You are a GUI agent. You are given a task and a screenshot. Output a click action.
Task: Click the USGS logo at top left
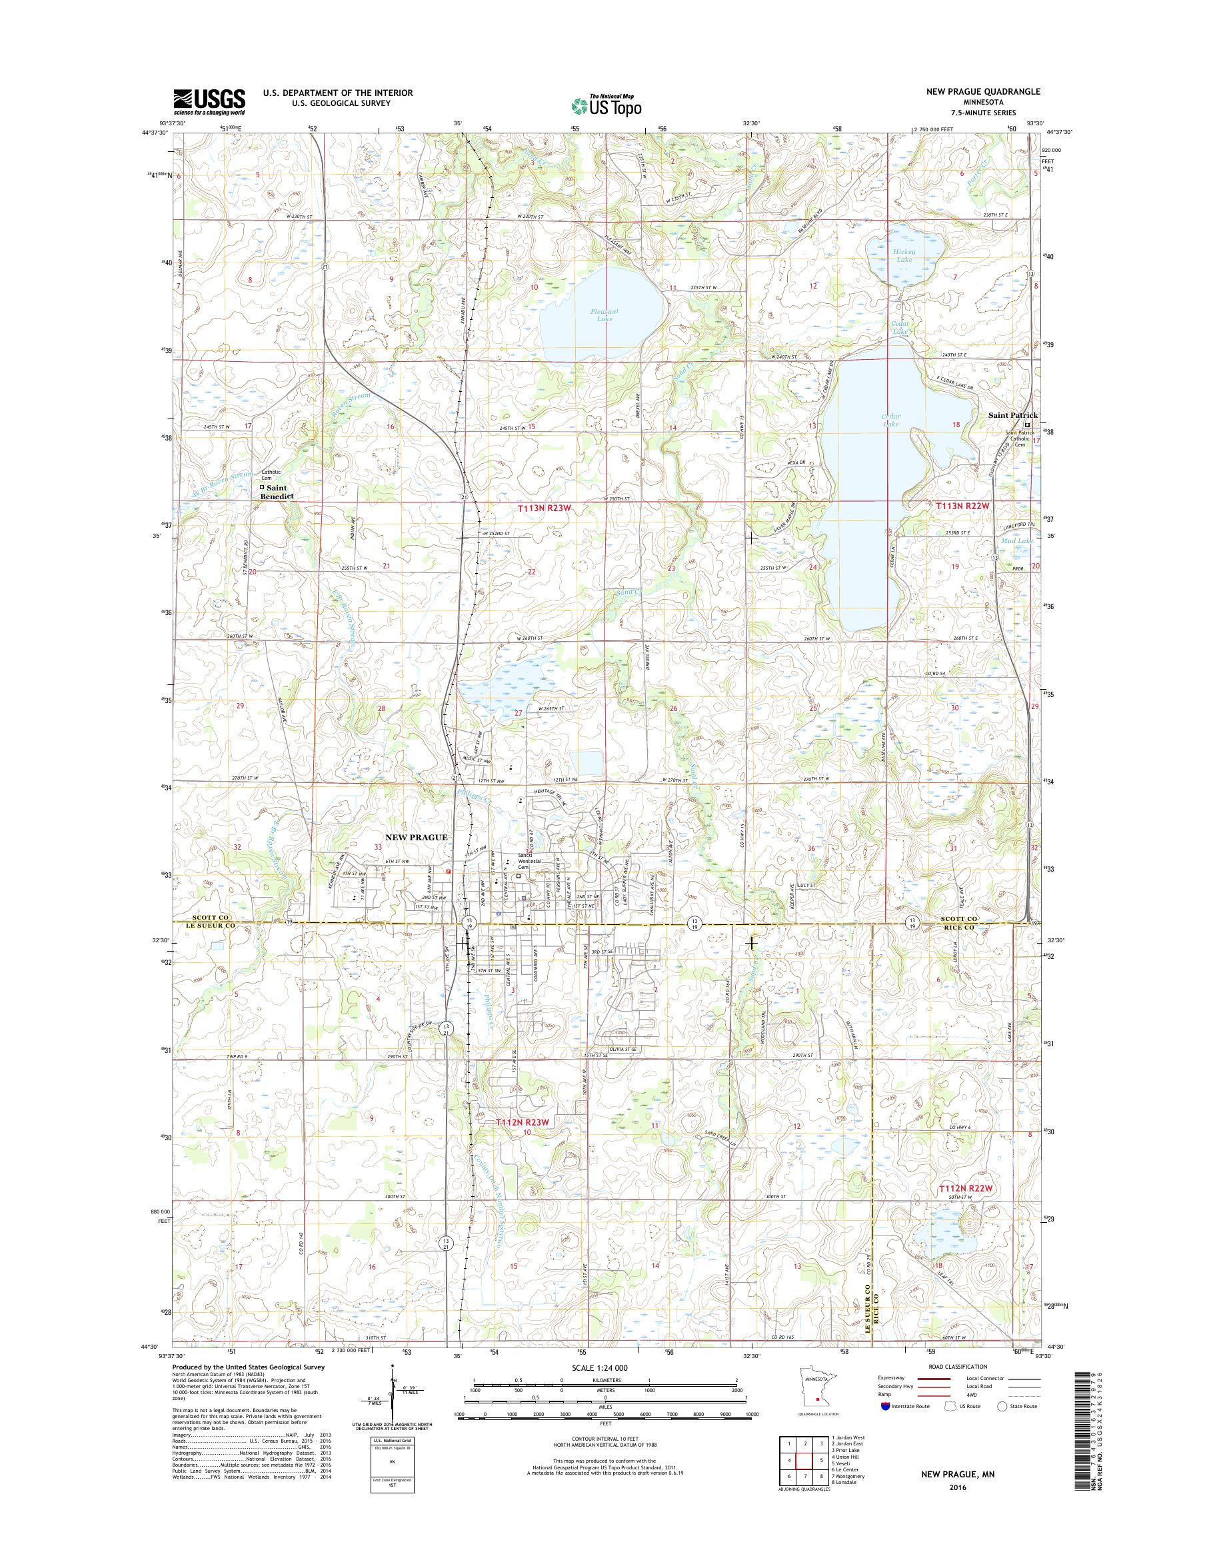209,101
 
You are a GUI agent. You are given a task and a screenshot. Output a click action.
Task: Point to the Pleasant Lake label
605,315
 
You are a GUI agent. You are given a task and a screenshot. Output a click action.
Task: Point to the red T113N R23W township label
544,509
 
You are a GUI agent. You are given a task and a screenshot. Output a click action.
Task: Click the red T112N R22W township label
964,1187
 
